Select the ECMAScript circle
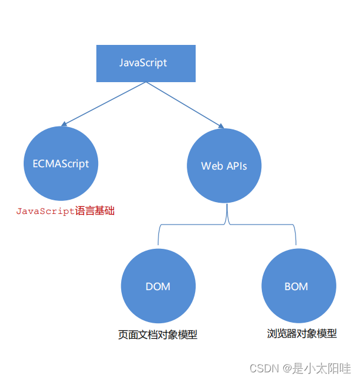pos(61,163)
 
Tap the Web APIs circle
pos(223,166)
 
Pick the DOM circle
pos(158,287)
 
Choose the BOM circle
pos(296,287)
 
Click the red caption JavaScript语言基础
pos(65,211)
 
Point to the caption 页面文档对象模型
pos(158,335)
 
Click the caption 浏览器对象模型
pos(302,334)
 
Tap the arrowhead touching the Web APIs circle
pos(220,126)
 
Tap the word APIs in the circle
pos(236,166)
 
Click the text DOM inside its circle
pos(158,287)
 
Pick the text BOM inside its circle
pos(296,287)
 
